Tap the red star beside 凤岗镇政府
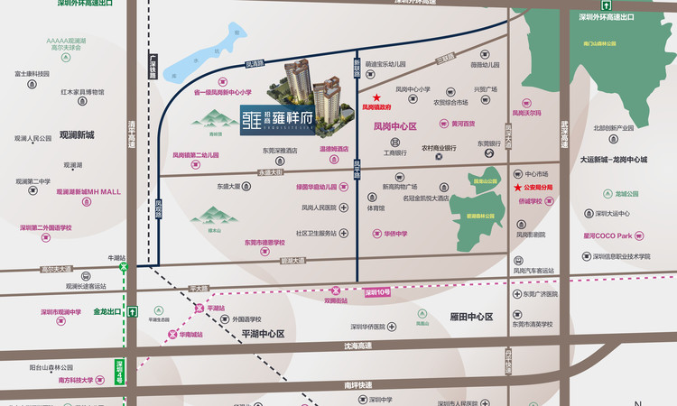tap(377, 97)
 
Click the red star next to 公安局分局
tap(517, 188)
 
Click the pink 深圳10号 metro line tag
tap(377, 292)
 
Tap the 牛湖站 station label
tap(116, 258)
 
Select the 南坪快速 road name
tap(357, 384)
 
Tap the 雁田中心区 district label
tap(470, 317)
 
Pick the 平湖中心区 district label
tap(263, 333)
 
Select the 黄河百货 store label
tap(464, 124)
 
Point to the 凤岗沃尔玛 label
tap(526, 114)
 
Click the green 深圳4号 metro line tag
tap(118, 370)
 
